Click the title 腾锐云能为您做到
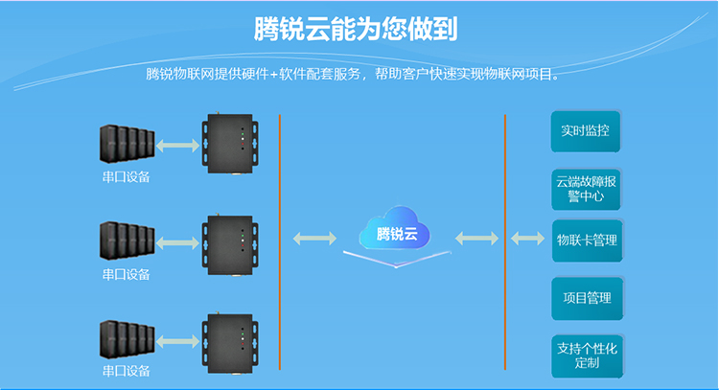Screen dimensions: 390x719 click(356, 28)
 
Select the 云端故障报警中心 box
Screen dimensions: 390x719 click(585, 188)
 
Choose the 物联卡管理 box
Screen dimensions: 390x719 click(586, 240)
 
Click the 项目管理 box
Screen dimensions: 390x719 click(586, 298)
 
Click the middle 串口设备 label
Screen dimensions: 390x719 click(126, 275)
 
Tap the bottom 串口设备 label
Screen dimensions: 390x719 click(126, 372)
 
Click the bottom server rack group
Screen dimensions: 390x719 click(126, 338)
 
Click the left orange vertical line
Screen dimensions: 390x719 click(279, 240)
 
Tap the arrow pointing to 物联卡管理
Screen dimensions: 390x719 click(526, 237)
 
